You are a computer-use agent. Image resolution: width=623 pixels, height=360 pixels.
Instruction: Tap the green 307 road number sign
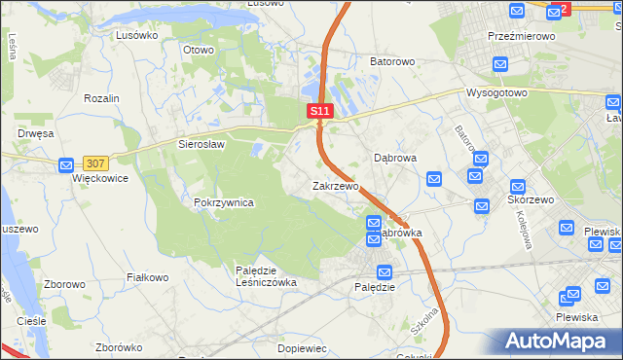pyautogui.click(x=95, y=163)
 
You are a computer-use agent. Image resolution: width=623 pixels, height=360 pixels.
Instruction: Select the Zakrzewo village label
pyautogui.click(x=336, y=185)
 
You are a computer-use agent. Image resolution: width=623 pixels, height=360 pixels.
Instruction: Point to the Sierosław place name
pyautogui.click(x=202, y=144)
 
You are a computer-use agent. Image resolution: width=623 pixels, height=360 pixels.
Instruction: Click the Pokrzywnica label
pyautogui.click(x=224, y=202)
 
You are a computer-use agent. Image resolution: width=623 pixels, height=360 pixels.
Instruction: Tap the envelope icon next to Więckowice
pyautogui.click(x=66, y=165)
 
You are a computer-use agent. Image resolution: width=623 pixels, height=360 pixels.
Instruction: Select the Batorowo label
pyautogui.click(x=392, y=61)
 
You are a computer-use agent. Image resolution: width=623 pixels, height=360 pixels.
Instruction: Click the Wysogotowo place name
pyautogui.click(x=496, y=93)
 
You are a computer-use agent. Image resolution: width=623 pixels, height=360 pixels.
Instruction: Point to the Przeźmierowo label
pyautogui.click(x=521, y=36)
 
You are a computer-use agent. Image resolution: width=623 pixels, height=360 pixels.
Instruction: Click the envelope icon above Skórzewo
pyautogui.click(x=518, y=185)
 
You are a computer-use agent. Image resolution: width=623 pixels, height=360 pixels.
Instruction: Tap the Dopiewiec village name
pyautogui.click(x=301, y=347)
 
